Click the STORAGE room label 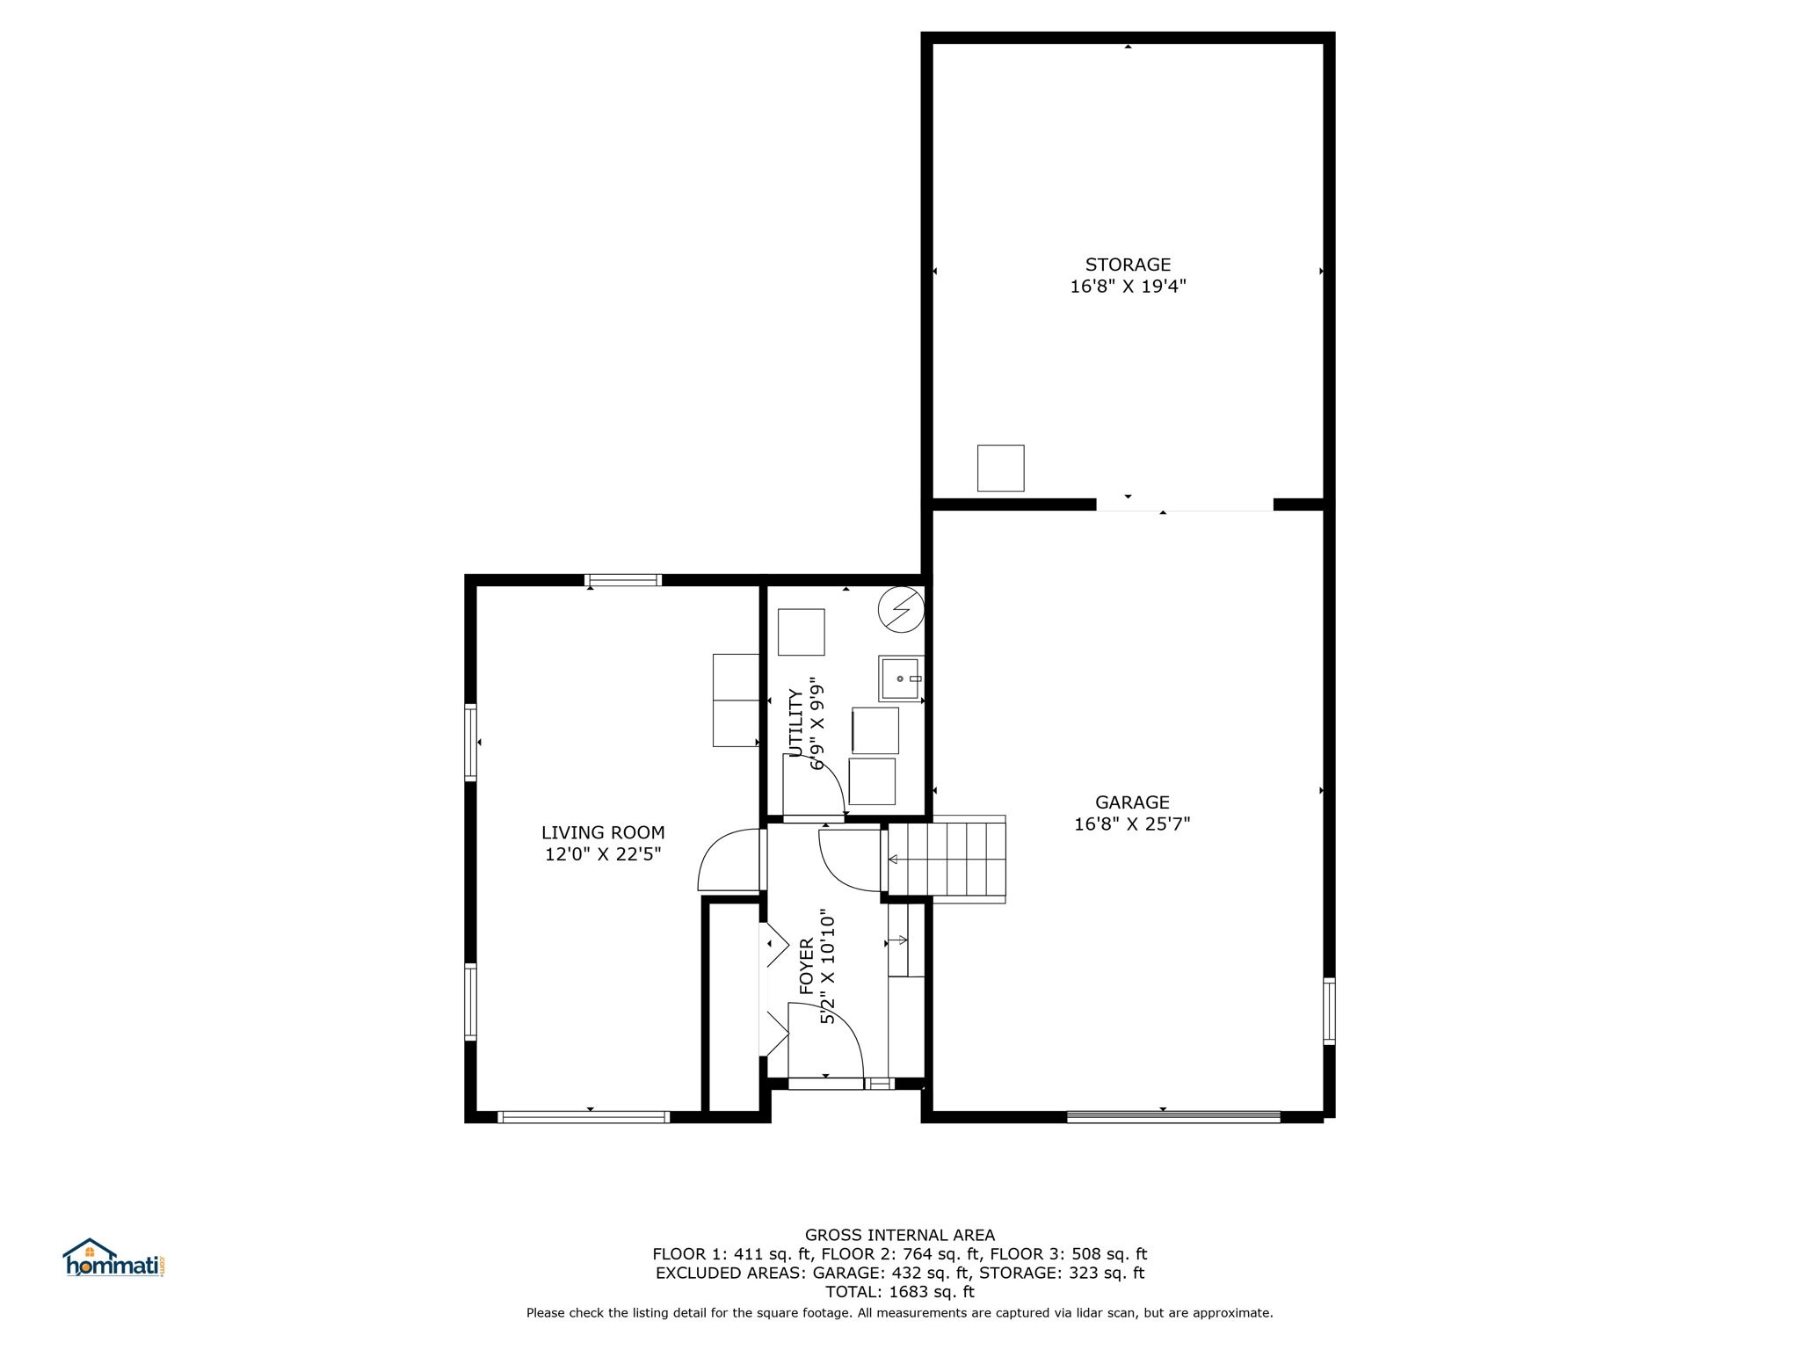click(1128, 265)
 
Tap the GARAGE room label click(1132, 802)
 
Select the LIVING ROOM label click(603, 832)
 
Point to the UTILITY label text click(796, 722)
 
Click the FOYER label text click(807, 967)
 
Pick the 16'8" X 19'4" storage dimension click(1128, 287)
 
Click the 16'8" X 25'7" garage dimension click(1132, 824)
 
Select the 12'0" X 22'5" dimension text click(603, 854)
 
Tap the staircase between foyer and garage click(947, 859)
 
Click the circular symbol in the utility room click(902, 609)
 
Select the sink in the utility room click(900, 678)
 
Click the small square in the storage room click(1001, 468)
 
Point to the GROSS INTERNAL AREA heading click(900, 1235)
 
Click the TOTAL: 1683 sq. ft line click(900, 1292)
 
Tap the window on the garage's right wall click(1329, 1011)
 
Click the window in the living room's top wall click(623, 580)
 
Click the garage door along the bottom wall click(1174, 1117)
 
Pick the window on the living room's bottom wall click(584, 1117)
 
